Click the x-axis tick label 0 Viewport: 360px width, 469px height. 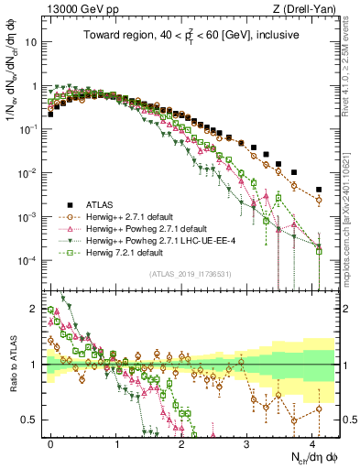pos(50,443)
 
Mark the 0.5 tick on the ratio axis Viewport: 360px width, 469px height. pos(33,420)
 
